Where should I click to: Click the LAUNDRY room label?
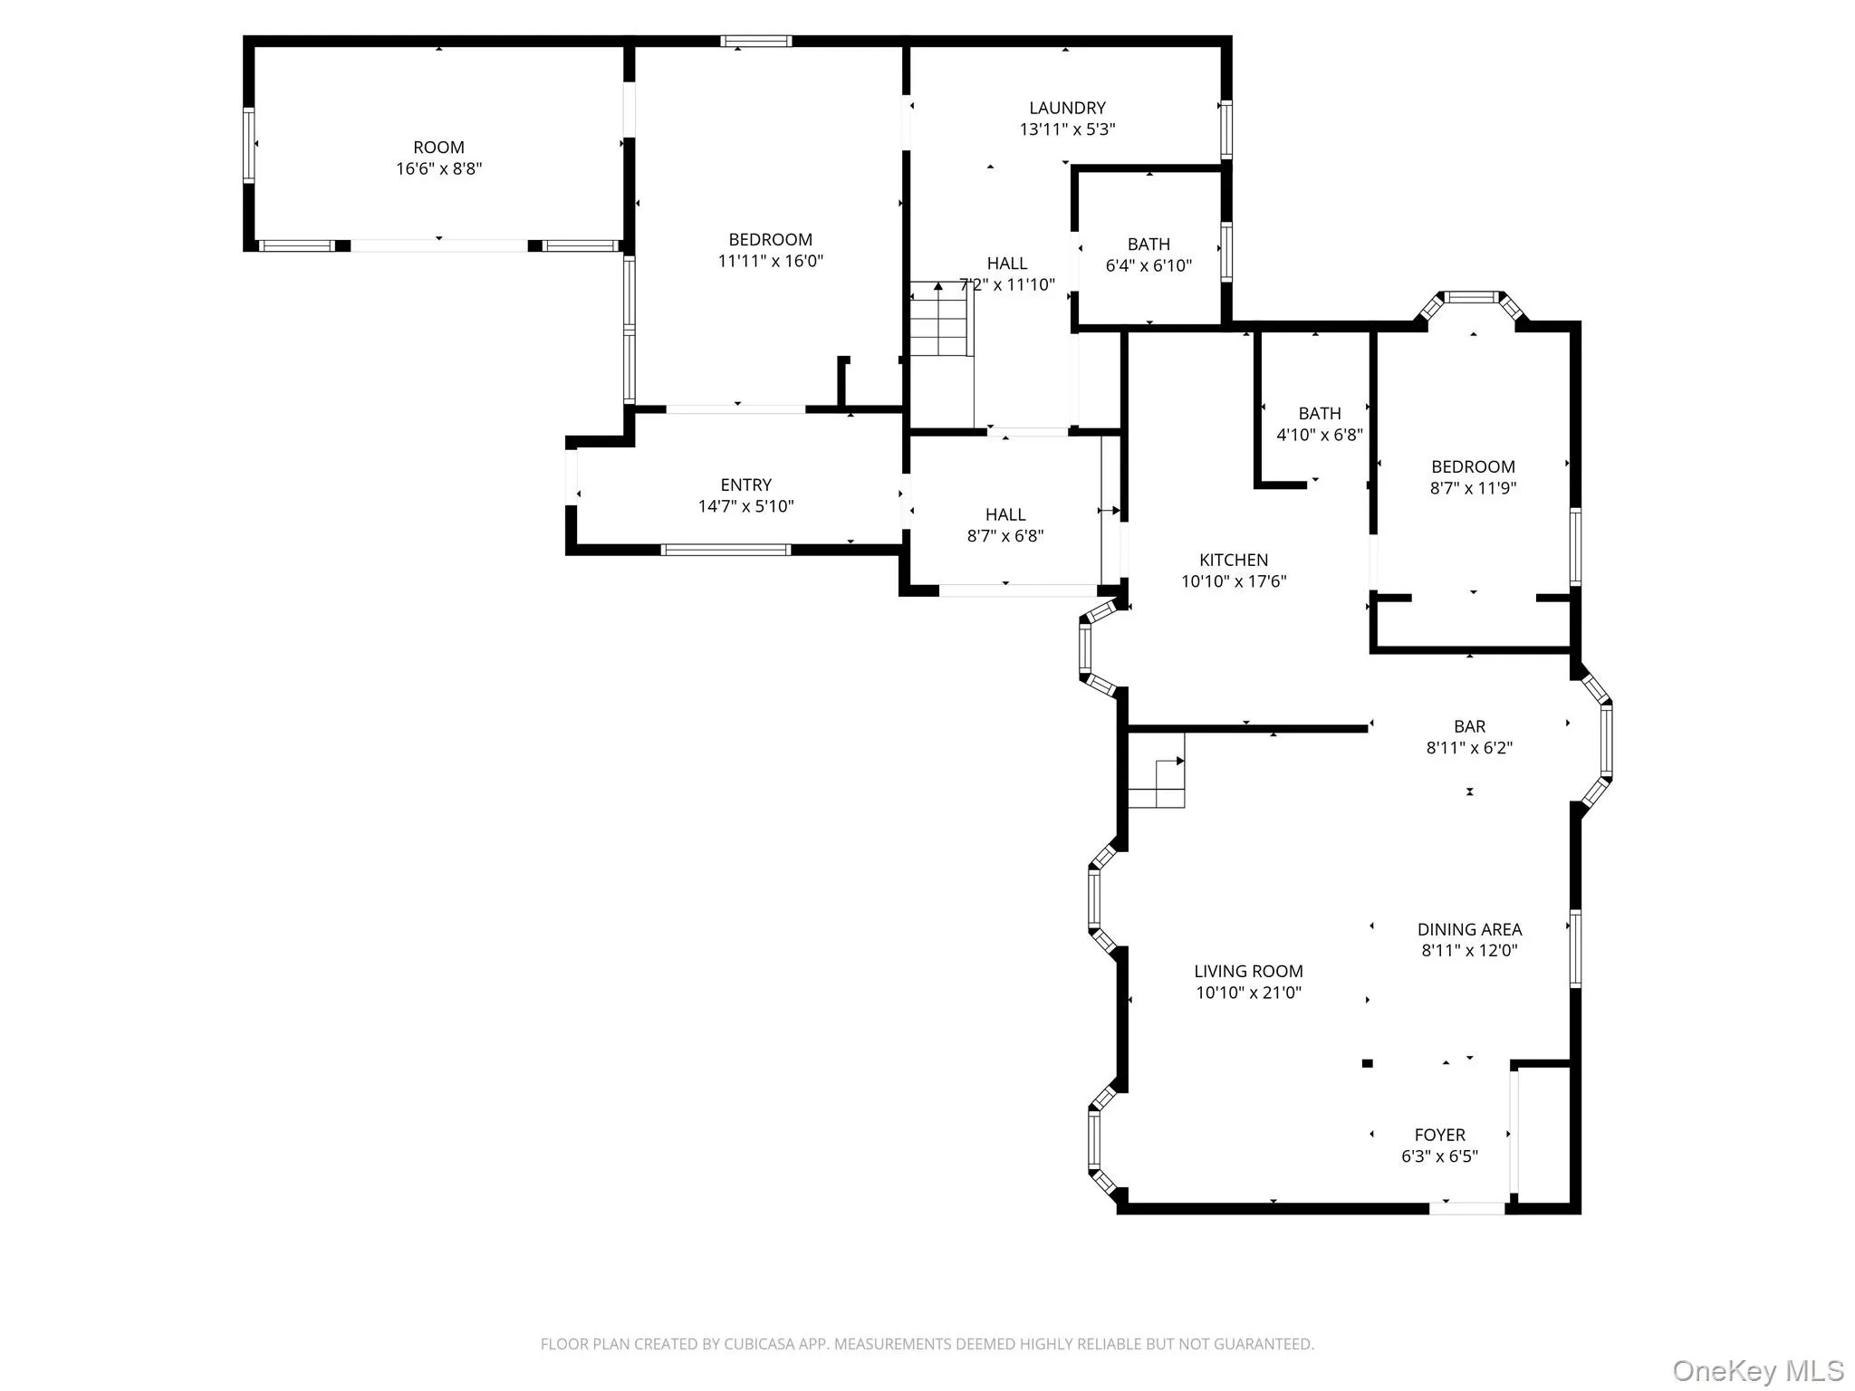pos(1067,108)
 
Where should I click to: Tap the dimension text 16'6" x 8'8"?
pos(438,169)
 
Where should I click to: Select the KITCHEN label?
pos(1234,561)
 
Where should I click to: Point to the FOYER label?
pos(1439,1135)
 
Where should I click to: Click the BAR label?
pos(1469,726)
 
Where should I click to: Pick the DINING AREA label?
pos(1469,929)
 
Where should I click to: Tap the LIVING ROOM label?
pos(1248,972)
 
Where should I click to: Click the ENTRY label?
pos(745,485)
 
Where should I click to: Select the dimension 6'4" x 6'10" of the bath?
pos(1149,266)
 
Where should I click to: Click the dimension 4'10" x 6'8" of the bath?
pos(1319,435)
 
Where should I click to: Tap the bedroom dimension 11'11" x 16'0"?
pos(770,262)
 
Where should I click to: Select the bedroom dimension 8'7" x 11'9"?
pos(1473,488)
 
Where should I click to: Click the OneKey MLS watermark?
pos(1757,1370)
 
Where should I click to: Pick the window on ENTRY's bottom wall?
pos(726,550)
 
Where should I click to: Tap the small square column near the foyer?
pos(1368,1063)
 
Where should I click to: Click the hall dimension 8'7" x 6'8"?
pos(1005,536)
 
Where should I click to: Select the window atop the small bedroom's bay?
pos(1471,296)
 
